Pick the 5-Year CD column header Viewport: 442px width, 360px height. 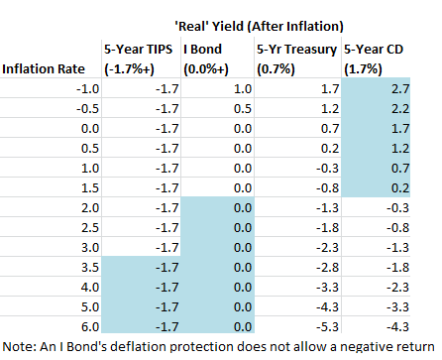point(377,59)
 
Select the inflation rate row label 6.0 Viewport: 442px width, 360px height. point(79,323)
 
